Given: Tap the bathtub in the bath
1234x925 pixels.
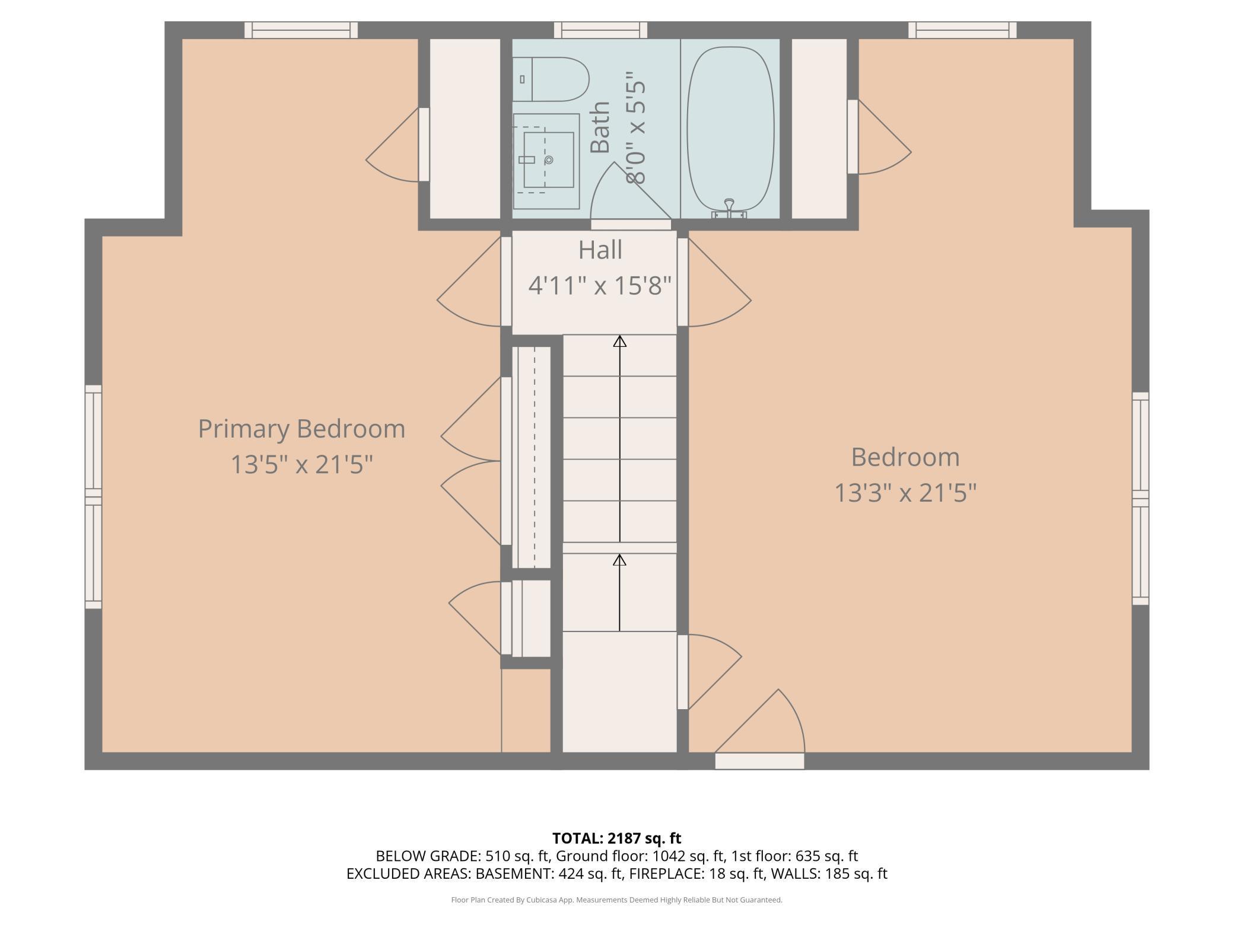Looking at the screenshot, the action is coord(730,129).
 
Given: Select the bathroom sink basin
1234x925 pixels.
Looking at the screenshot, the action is coord(548,160).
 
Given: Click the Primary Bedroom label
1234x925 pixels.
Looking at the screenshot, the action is coord(301,429).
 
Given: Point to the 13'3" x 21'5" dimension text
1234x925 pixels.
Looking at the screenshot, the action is coord(905,493).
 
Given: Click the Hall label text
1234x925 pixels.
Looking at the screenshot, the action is coord(600,250).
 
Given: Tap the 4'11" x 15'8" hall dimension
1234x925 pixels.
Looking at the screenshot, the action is coord(600,286).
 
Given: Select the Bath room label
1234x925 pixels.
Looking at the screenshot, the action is coord(600,127).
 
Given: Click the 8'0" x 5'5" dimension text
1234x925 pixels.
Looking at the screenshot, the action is coord(635,127).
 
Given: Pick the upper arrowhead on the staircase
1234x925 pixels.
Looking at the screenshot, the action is coord(620,341).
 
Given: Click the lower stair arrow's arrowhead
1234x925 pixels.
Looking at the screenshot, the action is coord(619,560).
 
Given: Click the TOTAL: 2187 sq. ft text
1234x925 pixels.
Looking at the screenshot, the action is coord(617,838).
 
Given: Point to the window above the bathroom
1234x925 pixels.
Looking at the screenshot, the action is coord(601,30).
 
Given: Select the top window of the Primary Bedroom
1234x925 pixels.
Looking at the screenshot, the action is coord(301,30).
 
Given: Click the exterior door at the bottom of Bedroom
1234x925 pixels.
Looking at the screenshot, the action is coord(759,761).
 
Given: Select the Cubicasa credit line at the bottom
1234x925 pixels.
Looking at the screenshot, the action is coord(617,900).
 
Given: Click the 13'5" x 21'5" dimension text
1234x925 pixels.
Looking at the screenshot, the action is coord(301,464).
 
